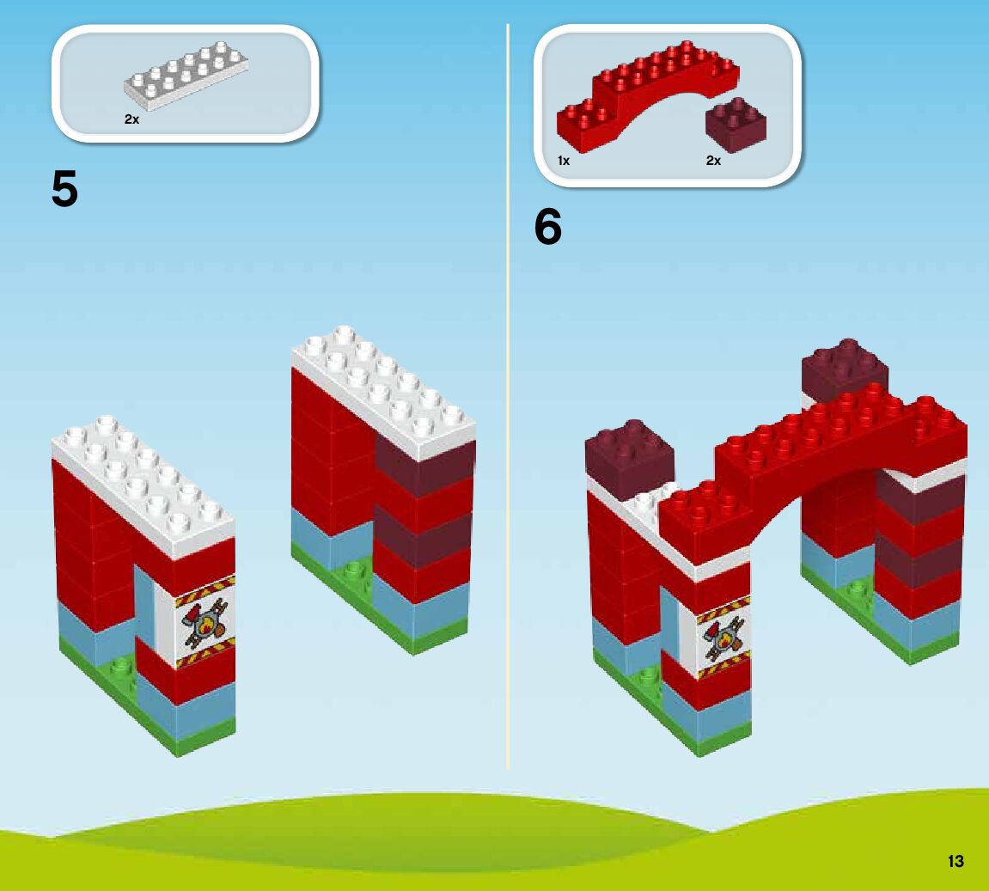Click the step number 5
click(x=65, y=189)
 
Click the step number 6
click(x=548, y=228)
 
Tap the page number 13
click(x=955, y=861)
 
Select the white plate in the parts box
click(x=186, y=75)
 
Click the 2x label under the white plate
click(x=131, y=120)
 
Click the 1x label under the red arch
click(x=564, y=161)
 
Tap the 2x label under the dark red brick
click(x=713, y=161)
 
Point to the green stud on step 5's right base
click(x=351, y=571)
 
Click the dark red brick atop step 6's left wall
click(x=629, y=454)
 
